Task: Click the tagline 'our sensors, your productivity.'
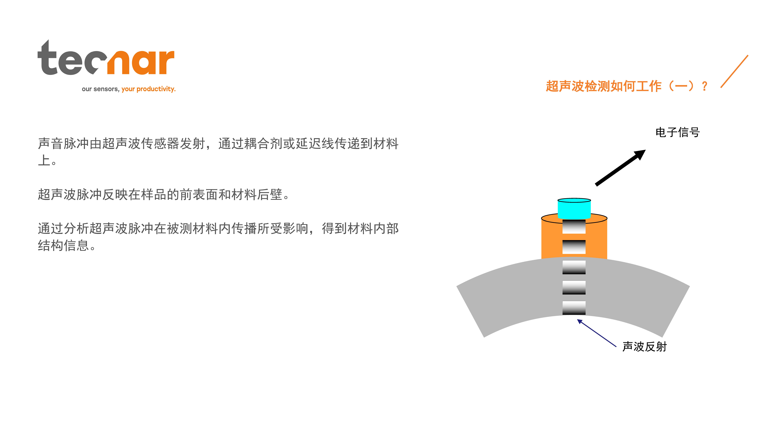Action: pyautogui.click(x=129, y=89)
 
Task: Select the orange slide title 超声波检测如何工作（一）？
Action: pyautogui.click(x=626, y=86)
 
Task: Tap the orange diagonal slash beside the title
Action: pyautogui.click(x=734, y=71)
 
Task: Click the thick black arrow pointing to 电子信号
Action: pyautogui.click(x=620, y=168)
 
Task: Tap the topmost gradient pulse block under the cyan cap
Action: pyautogui.click(x=574, y=227)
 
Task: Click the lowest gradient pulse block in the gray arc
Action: pyautogui.click(x=574, y=308)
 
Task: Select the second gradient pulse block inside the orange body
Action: pyautogui.click(x=574, y=247)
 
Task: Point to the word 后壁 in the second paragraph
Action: pyautogui.click(x=270, y=195)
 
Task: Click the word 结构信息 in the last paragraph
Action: pyautogui.click(x=63, y=246)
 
